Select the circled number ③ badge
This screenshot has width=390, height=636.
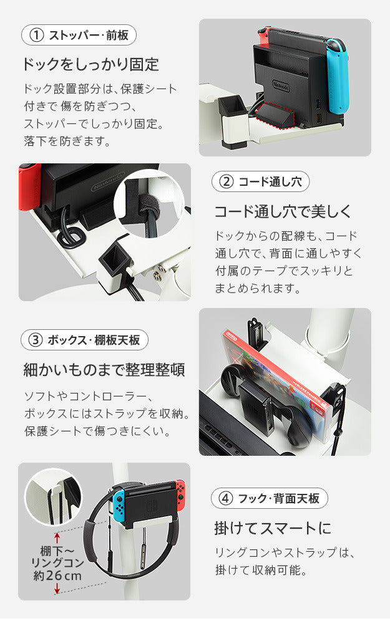(36, 340)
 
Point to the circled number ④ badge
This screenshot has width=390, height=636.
(226, 498)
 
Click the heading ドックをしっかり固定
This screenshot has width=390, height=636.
(90, 65)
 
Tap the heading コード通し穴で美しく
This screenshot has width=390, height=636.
(283, 211)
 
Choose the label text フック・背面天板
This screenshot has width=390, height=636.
(279, 498)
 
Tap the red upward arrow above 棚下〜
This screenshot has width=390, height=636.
(57, 538)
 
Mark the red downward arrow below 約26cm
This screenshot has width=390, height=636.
(57, 589)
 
